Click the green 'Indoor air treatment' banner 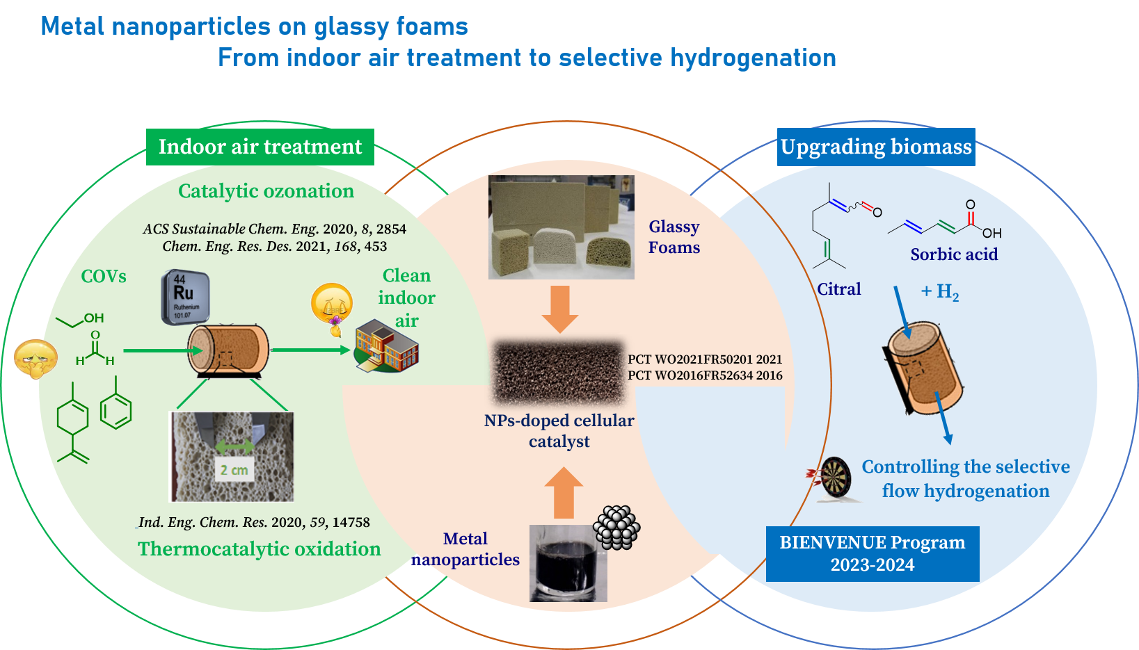coord(260,147)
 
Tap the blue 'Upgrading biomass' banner coord(876,147)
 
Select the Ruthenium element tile coord(184,298)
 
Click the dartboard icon coord(834,478)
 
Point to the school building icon coord(386,346)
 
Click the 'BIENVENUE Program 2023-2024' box coord(873,553)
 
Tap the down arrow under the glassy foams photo coord(560,309)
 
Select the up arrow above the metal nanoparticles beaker coord(564,493)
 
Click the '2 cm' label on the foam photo coord(234,470)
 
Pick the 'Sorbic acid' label coord(954,254)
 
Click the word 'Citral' coord(839,289)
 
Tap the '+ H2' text coord(940,292)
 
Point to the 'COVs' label coord(104,277)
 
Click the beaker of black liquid coord(568,564)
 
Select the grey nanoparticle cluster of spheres coord(616,527)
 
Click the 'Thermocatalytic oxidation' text coord(259,549)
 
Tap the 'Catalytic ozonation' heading coord(266,191)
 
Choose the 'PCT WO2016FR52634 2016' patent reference coord(705,375)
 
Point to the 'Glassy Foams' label coord(674,237)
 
